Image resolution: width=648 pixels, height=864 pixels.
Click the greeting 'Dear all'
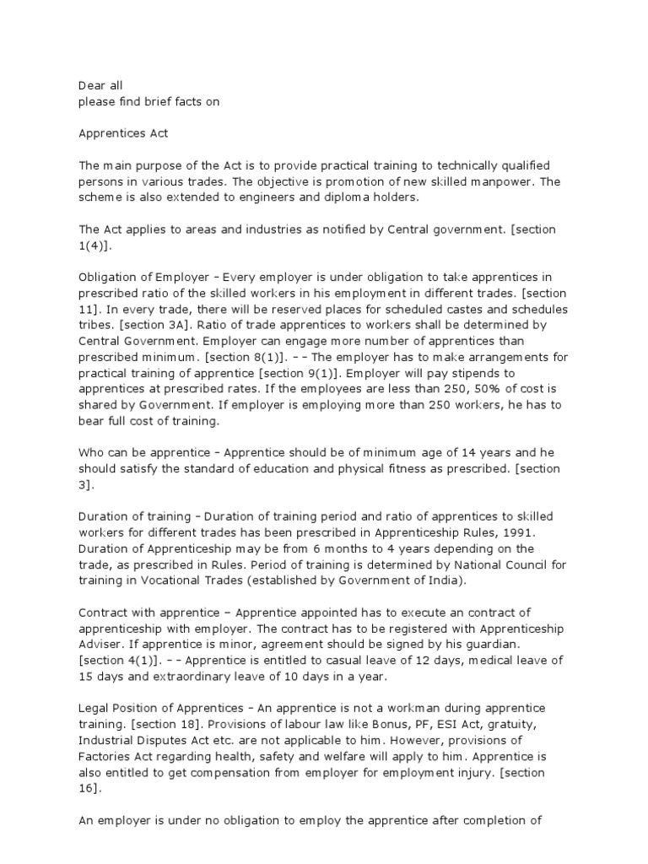[100, 85]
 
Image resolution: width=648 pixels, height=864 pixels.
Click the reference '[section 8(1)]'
[256, 356]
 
